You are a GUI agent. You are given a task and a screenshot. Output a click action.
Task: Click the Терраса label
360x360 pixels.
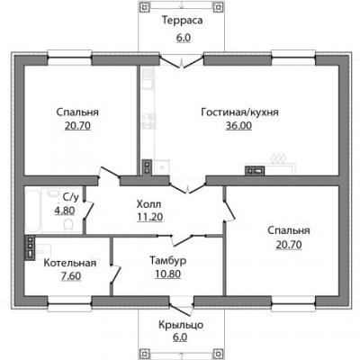pos(183,21)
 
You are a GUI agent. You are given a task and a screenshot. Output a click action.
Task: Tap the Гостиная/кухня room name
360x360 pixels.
pos(239,112)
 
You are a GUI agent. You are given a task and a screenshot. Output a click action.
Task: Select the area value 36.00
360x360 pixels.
pos(238,125)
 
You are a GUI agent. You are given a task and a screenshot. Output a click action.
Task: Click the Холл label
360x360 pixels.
pos(148,204)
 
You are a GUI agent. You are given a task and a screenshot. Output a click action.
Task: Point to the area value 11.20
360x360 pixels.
pos(149,217)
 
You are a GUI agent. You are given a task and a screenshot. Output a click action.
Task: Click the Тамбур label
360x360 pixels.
pos(168,260)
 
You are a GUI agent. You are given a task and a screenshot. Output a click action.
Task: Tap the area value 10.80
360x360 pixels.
pos(167,274)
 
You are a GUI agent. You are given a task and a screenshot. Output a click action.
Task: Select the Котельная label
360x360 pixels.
pos(70,263)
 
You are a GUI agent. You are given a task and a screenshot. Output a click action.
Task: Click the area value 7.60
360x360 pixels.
pos(71,275)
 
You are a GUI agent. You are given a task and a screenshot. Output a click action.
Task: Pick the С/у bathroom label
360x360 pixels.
pos(71,197)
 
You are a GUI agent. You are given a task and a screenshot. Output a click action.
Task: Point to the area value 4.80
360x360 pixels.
pos(65,211)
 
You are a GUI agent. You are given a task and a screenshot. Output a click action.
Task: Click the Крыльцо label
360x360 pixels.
pos(181,325)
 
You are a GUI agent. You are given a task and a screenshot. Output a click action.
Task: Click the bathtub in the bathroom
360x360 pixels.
pos(32,210)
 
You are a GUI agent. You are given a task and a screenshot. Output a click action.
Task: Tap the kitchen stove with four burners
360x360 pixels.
pos(148,121)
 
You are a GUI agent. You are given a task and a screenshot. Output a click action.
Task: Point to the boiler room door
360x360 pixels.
pos(115,274)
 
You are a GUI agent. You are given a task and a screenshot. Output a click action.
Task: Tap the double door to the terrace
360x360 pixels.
pos(182,60)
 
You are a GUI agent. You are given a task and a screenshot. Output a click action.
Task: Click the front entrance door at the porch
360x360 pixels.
pos(181,309)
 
